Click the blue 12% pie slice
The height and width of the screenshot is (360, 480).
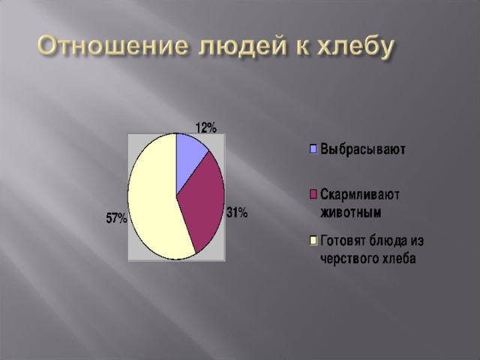click(189, 160)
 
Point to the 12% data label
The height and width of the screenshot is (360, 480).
click(206, 127)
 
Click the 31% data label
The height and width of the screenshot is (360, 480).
click(237, 212)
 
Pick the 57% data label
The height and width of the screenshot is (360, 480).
click(117, 218)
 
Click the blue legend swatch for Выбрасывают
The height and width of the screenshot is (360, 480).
click(313, 149)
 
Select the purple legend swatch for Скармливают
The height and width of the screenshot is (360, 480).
click(313, 194)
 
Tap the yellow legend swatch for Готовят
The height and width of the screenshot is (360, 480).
click(313, 240)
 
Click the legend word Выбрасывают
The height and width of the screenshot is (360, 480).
click(363, 149)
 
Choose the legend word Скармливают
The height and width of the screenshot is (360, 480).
click(360, 195)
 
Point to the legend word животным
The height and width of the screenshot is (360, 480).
click(351, 212)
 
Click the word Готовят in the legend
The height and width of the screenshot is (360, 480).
click(343, 241)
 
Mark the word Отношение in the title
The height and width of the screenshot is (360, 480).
click(112, 46)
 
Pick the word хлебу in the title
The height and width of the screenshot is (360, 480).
click(355, 47)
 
